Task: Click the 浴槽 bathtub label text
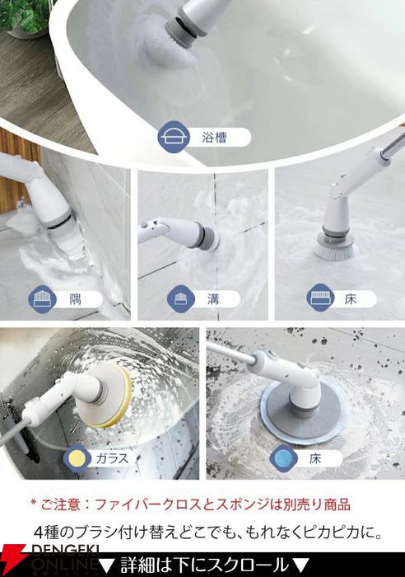click(214, 138)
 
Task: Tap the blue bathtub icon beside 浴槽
click(174, 137)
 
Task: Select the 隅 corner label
click(76, 299)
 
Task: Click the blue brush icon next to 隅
click(42, 299)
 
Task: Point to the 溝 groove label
click(213, 299)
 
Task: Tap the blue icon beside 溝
click(180, 299)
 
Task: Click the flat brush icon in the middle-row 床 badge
click(320, 298)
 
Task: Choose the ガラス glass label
click(113, 458)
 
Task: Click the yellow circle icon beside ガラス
click(77, 458)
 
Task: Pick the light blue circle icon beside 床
click(283, 458)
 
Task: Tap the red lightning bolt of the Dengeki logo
click(13, 560)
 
